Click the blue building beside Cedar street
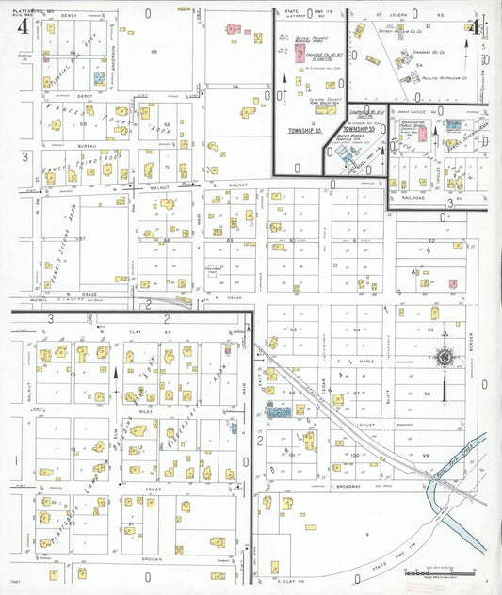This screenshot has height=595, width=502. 278,411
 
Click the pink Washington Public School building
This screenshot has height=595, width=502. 453,123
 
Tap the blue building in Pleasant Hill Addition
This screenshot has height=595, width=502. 100,75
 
